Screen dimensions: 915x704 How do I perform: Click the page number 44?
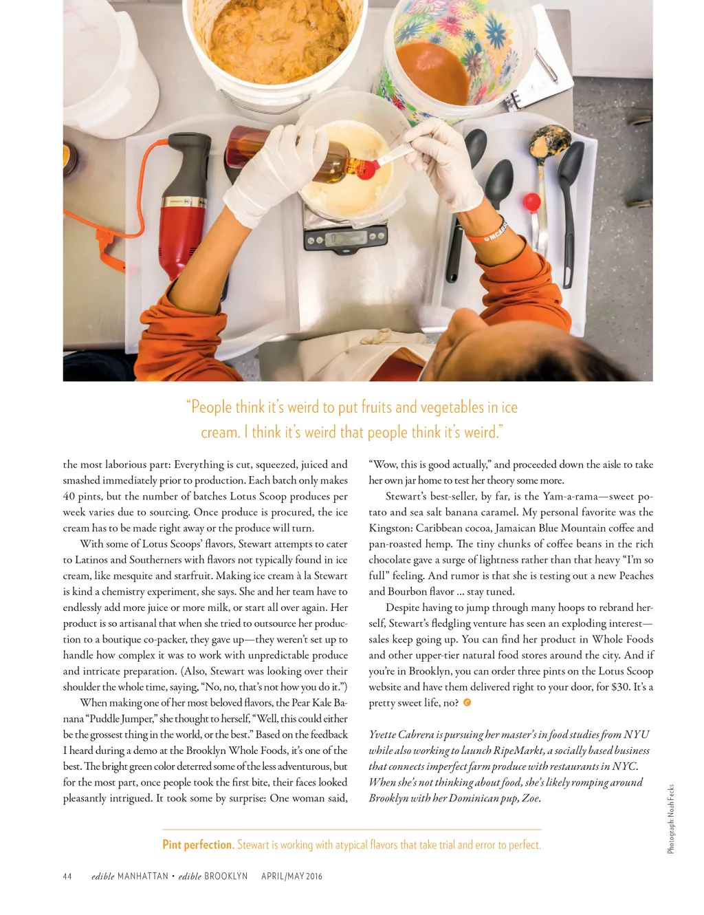(67, 876)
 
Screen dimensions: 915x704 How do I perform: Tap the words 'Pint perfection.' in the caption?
(198, 844)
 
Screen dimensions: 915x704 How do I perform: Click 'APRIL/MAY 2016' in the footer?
(291, 876)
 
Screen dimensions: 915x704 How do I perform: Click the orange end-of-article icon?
(467, 702)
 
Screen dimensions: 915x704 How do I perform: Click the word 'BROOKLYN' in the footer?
(225, 876)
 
